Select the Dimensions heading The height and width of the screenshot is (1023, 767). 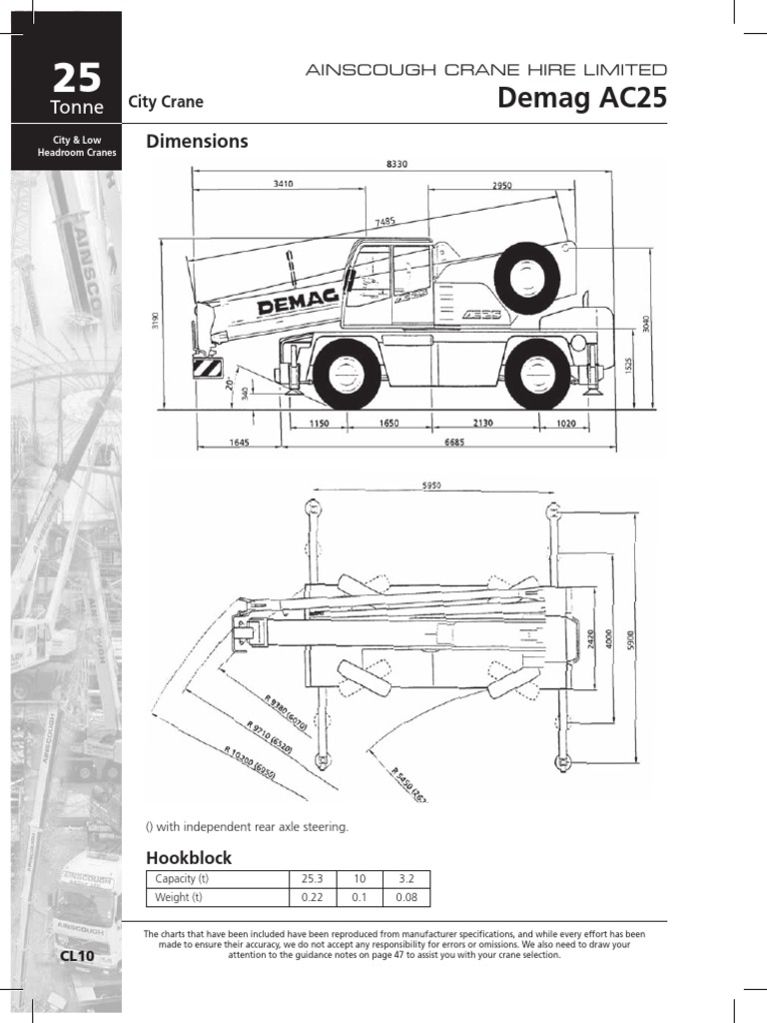pos(197,142)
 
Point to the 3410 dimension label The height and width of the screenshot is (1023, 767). pos(284,184)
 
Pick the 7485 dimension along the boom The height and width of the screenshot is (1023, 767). pos(386,221)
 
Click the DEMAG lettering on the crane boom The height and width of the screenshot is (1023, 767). pos(299,306)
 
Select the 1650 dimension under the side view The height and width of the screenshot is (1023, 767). pos(389,424)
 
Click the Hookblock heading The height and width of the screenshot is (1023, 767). pos(189,857)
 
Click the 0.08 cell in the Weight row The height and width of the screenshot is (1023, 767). pos(405,897)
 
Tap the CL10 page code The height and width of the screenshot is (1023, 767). pos(77,956)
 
